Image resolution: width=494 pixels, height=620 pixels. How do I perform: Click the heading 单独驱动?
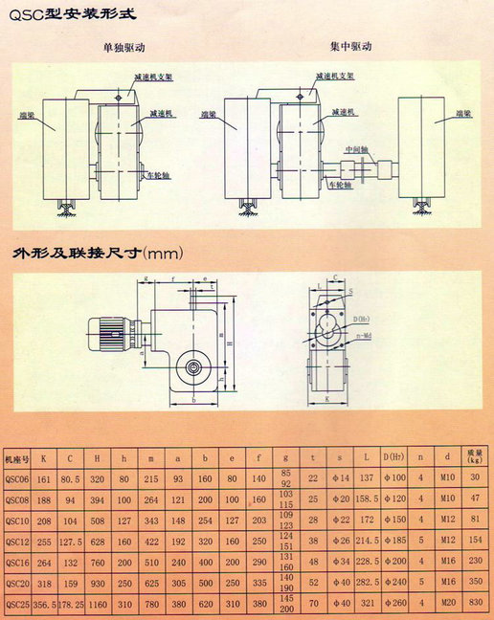124,47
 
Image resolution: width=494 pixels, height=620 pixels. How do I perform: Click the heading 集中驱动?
351,45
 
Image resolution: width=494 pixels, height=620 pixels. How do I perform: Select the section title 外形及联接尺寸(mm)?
95,255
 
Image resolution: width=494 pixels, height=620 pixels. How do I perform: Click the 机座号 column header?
19,457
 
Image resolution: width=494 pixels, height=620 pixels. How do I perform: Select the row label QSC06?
19,477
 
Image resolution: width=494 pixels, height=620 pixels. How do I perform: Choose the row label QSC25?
19,605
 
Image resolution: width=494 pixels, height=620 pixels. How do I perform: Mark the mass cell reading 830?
474,605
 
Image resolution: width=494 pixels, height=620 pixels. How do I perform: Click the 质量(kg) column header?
474,457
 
